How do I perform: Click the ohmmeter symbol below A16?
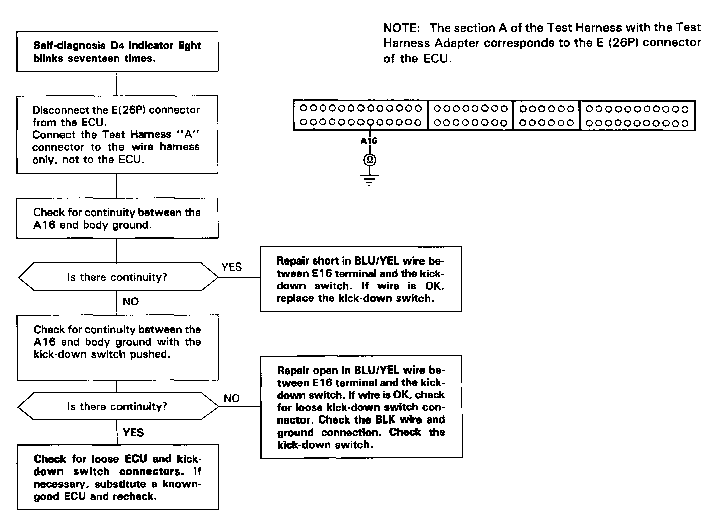pos(369,161)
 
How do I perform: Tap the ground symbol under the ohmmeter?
pos(369,179)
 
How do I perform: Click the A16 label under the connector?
pos(369,141)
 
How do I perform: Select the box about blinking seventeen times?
pos(117,51)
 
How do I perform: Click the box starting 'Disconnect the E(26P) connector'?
pos(117,134)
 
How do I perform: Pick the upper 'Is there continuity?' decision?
pos(117,277)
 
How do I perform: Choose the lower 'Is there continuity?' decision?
pos(117,406)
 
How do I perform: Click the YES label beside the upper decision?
pos(231,267)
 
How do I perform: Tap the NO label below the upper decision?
pos(131,302)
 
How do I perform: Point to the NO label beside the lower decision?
pos(231,398)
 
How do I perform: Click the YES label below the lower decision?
pos(133,432)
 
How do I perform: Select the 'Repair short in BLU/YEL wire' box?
pos(361,279)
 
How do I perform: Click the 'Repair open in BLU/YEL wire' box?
pos(361,407)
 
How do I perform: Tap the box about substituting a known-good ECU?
pos(117,477)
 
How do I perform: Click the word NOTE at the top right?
pos(401,28)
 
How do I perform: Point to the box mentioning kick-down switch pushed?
pos(117,347)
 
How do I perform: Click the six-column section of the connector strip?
pos(547,116)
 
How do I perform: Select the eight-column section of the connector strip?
pos(470,116)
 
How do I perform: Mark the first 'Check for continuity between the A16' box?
pos(117,218)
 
